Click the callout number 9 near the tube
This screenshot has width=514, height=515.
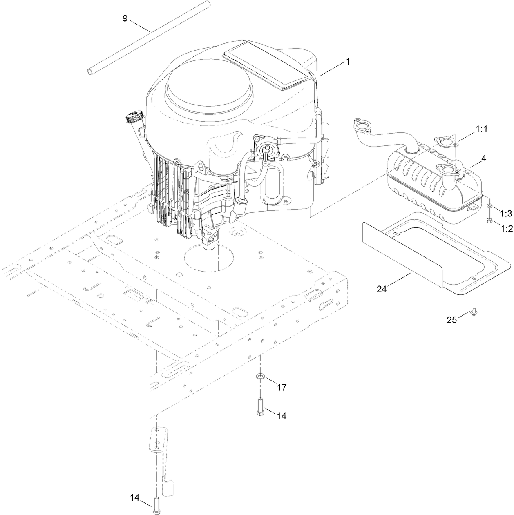[125, 18]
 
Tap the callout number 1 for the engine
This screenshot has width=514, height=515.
[347, 62]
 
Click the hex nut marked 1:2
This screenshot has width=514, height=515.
[489, 221]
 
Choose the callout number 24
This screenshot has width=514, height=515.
[381, 289]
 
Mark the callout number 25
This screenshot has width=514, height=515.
[451, 320]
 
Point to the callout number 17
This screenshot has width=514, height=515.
[282, 387]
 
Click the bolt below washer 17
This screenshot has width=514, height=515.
[260, 407]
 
